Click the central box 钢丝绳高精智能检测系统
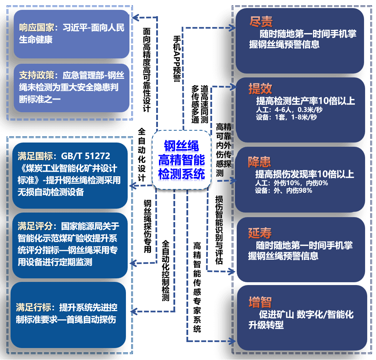[181, 160]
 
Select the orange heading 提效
[260, 89]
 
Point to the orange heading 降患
[260, 162]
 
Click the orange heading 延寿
[260, 233]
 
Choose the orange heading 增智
[260, 302]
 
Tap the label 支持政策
[36, 75]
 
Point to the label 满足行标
[33, 308]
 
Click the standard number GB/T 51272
[85, 156]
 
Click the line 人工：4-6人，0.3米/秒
[289, 110]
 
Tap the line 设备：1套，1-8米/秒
[286, 117]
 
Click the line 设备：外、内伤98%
[283, 190]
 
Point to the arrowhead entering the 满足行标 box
[133, 311]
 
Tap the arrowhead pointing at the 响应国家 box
[135, 17]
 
